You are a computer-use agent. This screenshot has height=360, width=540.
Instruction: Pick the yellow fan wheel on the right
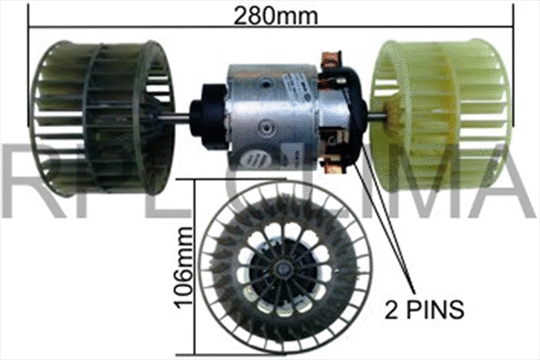click(x=441, y=112)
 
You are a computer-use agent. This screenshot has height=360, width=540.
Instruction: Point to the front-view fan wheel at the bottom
click(x=283, y=266)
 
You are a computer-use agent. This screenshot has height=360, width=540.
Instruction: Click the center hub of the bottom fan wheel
click(x=284, y=267)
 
